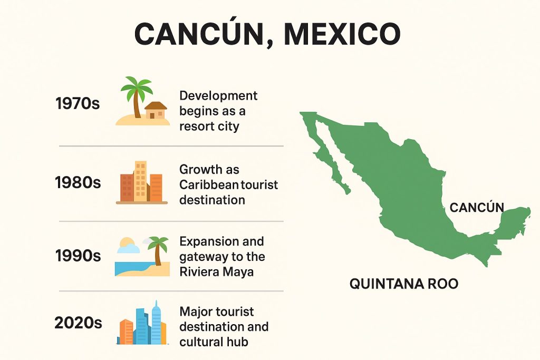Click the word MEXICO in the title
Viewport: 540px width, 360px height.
click(342, 34)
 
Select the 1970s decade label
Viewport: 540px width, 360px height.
click(78, 104)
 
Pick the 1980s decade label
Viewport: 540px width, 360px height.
click(78, 183)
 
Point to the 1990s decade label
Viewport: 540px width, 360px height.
click(78, 256)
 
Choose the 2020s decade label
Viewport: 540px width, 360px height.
click(78, 322)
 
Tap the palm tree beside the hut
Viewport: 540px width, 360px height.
click(136, 95)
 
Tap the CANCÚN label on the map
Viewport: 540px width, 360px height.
click(477, 208)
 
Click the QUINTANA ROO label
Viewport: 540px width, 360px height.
click(404, 284)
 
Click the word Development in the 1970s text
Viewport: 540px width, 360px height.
click(218, 96)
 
